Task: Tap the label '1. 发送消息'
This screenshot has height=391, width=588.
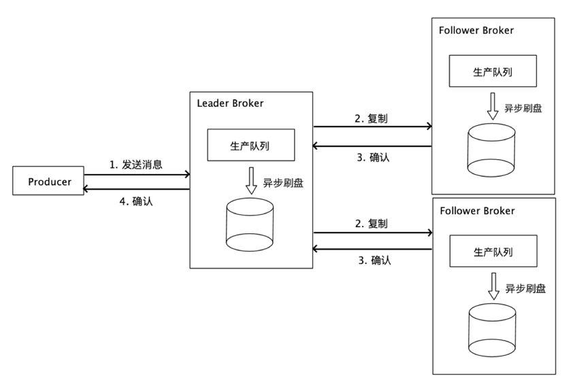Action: (x=136, y=165)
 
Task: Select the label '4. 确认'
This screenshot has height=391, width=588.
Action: (x=135, y=201)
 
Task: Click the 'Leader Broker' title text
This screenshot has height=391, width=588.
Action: (x=230, y=103)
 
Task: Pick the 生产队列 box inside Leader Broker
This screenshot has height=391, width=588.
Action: (x=251, y=145)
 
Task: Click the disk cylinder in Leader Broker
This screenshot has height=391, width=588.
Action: (x=250, y=224)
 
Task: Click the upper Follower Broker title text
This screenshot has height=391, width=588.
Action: (x=476, y=30)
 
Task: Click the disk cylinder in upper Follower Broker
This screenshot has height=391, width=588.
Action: (x=492, y=147)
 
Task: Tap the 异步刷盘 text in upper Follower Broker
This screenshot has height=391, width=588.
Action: (x=523, y=109)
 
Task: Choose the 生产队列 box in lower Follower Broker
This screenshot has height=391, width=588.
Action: (x=493, y=252)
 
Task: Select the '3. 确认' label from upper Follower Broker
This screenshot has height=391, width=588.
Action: (x=374, y=157)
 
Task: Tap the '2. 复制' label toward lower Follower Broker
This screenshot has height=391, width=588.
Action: (x=372, y=223)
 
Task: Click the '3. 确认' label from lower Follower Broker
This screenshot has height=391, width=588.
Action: (x=374, y=260)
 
